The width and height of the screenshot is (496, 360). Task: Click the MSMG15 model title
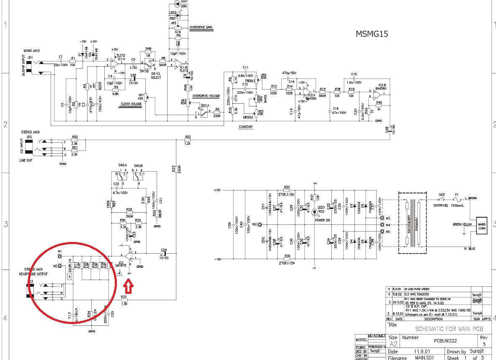pyautogui.click(x=371, y=34)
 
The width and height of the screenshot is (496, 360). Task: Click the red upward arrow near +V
pyautogui.click(x=129, y=287)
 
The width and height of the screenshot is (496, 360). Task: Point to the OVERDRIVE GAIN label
pyautogui.click(x=201, y=27)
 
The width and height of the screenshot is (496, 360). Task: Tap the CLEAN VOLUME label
pyautogui.click(x=131, y=104)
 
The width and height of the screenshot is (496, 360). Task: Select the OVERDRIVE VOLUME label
pyautogui.click(x=207, y=96)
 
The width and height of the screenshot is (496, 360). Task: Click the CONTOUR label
pyautogui.click(x=246, y=127)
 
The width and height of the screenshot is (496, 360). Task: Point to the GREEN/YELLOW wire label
pyautogui.click(x=462, y=224)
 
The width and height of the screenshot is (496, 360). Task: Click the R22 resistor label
pyautogui.click(x=188, y=137)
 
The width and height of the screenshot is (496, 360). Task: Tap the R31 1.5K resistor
pyautogui.click(x=124, y=300)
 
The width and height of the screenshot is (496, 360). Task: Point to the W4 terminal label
pyautogui.click(x=388, y=225)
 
